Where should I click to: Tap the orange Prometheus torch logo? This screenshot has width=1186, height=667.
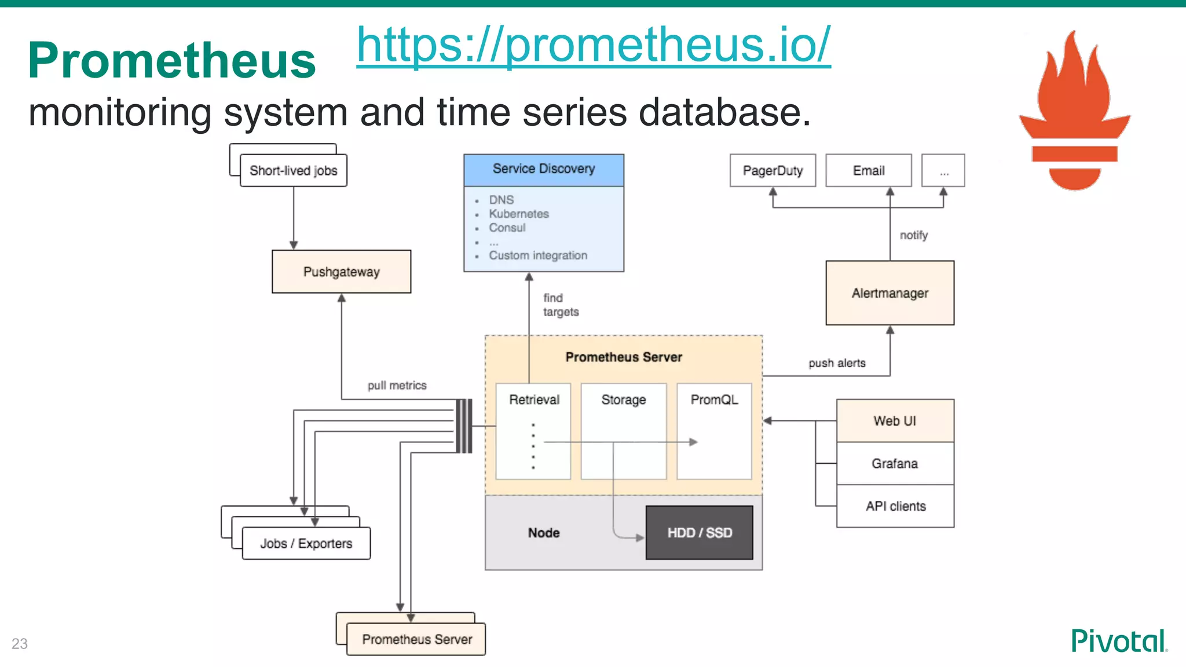(x=1075, y=110)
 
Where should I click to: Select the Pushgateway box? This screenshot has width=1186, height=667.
(x=341, y=272)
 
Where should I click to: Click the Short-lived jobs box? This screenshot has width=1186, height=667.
(x=293, y=170)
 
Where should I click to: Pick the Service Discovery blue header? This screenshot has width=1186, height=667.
(x=543, y=169)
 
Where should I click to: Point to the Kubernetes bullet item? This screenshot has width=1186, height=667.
(x=518, y=214)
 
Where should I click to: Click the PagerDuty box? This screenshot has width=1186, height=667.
(x=773, y=170)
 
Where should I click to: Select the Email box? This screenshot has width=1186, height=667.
(x=868, y=170)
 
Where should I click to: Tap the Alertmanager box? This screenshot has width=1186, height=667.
(x=889, y=293)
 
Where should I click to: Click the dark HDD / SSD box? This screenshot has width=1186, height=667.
(x=699, y=533)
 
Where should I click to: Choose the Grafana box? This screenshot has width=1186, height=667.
(x=895, y=463)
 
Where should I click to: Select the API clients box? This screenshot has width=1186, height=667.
(x=895, y=506)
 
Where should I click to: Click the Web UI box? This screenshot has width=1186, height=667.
(x=895, y=421)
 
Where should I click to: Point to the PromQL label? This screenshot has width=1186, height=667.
(x=714, y=400)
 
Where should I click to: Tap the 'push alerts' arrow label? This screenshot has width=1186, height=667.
(x=837, y=363)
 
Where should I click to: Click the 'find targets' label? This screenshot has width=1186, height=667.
(x=560, y=305)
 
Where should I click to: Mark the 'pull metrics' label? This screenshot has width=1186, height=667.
(x=397, y=386)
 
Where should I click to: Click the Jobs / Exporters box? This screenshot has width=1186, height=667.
(x=306, y=543)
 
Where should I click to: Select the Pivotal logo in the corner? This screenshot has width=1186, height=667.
(x=1118, y=641)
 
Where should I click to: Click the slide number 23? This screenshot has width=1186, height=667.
(x=20, y=643)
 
